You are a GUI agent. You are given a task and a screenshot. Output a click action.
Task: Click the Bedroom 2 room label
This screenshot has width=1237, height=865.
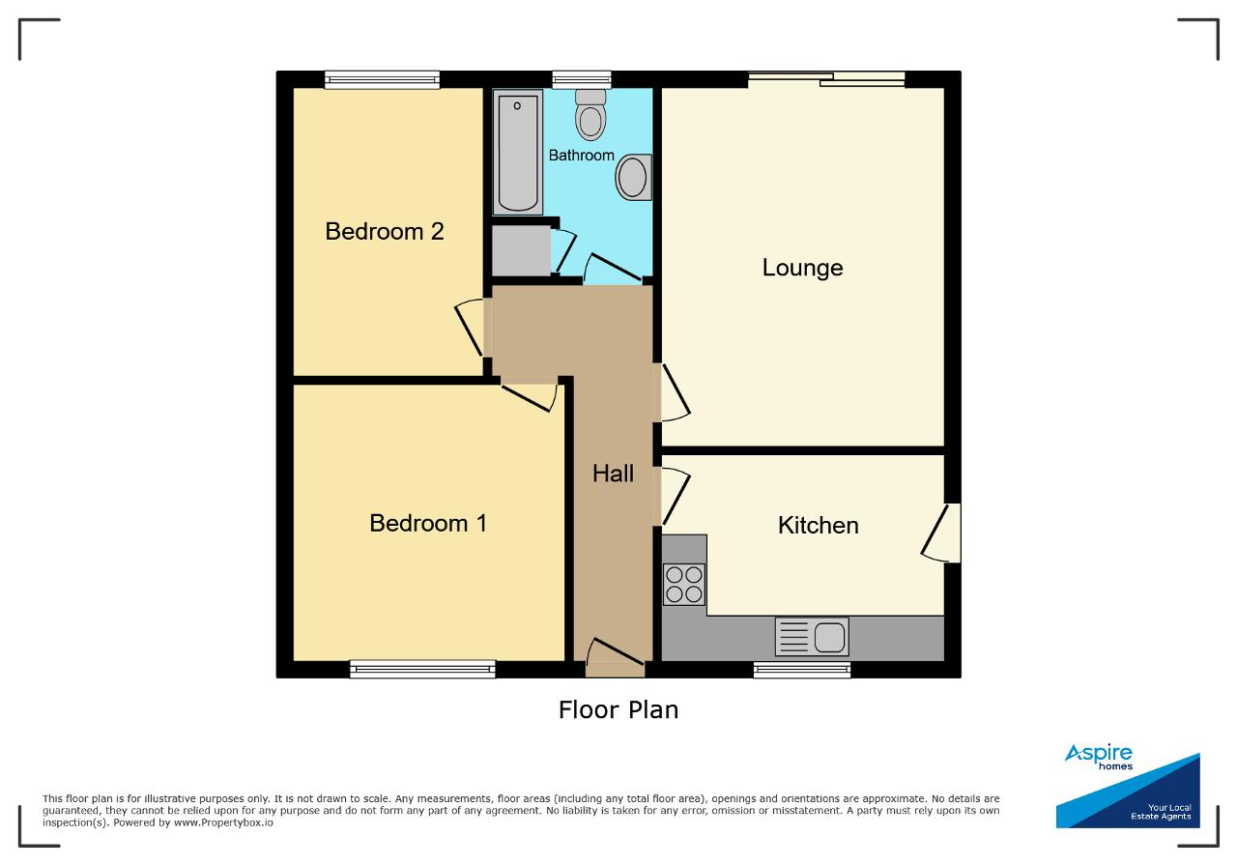coord(385,231)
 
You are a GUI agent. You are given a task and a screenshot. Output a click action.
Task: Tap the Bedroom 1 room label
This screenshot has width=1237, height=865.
coord(428,523)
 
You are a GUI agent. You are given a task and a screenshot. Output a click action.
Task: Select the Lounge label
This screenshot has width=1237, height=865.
coord(802,269)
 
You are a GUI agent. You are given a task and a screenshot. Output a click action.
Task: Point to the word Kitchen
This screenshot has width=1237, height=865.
coord(818,526)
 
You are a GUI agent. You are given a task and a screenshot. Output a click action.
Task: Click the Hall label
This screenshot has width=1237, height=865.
coord(613,474)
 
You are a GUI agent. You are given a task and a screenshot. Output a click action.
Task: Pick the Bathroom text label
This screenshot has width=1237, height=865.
coord(581,156)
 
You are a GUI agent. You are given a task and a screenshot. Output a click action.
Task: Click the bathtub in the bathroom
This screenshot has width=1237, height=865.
coord(517,152)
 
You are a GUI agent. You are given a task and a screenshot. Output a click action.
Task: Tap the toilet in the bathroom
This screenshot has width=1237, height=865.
coord(590,115)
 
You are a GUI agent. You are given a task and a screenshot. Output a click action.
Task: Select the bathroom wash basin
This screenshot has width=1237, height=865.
coord(633,177)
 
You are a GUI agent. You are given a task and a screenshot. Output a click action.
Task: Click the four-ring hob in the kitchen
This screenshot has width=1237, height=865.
coord(683,584)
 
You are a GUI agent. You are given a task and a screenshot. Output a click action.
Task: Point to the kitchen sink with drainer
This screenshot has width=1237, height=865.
coord(812,637)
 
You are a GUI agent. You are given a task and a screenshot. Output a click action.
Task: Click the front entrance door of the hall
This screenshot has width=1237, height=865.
coord(616,658)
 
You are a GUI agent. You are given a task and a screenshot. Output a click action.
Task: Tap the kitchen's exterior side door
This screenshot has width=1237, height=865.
coord(941,533)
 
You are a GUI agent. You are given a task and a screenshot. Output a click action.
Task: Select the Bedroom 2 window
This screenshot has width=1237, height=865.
coord(382,79)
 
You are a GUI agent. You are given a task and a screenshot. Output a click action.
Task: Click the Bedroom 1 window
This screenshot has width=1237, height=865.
coord(422,670)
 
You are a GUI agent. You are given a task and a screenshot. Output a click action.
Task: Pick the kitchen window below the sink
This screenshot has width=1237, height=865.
coord(802,670)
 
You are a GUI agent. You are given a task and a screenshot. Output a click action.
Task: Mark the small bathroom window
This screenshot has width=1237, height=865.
coord(582,79)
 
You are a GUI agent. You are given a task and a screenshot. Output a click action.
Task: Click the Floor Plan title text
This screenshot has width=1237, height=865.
coord(618,710)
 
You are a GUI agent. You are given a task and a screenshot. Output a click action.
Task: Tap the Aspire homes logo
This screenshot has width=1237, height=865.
coord(1128,785)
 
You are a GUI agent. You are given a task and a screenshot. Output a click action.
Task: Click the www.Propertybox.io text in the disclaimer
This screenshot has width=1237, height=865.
coord(223,822)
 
